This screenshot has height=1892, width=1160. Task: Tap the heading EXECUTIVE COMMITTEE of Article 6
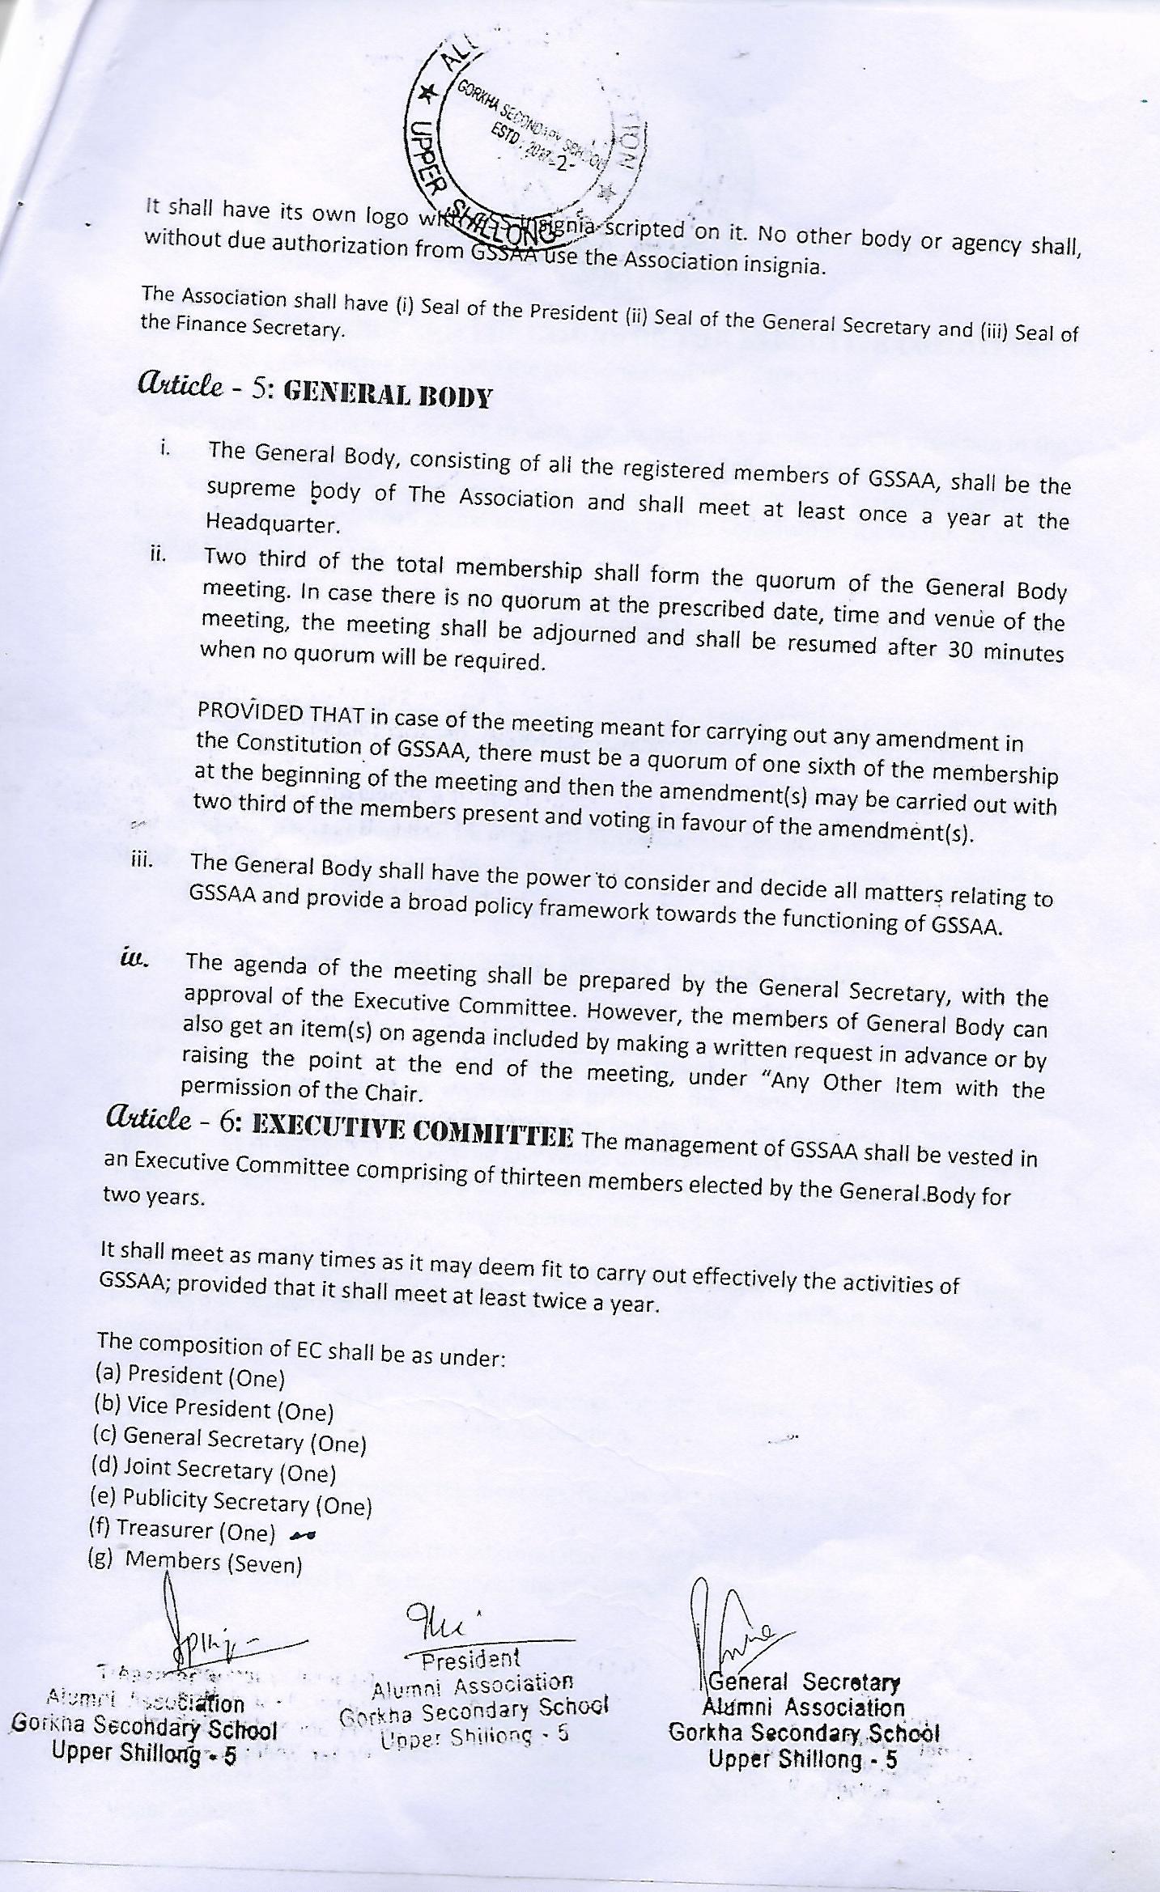[x=413, y=1130]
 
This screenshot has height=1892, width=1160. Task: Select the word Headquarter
[x=271, y=524]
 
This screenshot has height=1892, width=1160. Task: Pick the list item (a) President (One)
[x=189, y=1376]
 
